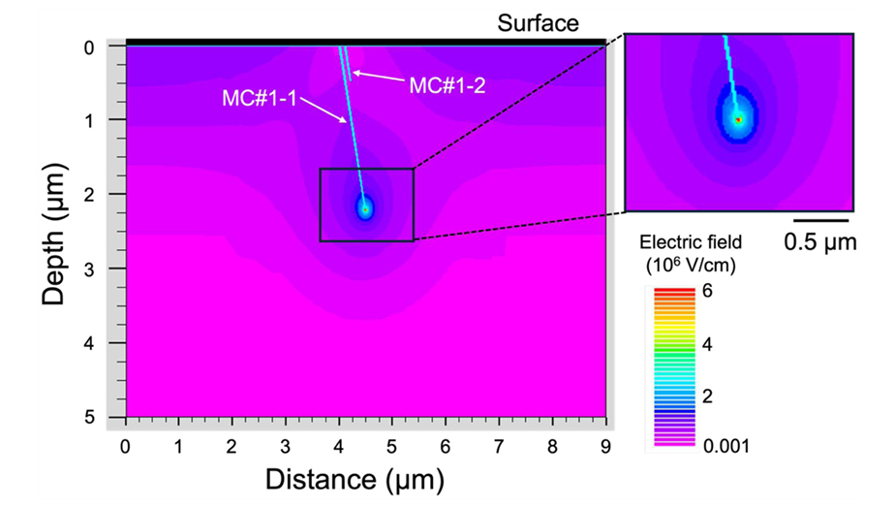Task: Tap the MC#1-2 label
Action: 446,85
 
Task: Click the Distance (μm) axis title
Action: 365,479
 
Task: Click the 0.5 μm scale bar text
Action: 820,241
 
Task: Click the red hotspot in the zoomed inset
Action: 738,119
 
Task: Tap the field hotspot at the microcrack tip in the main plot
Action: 365,206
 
